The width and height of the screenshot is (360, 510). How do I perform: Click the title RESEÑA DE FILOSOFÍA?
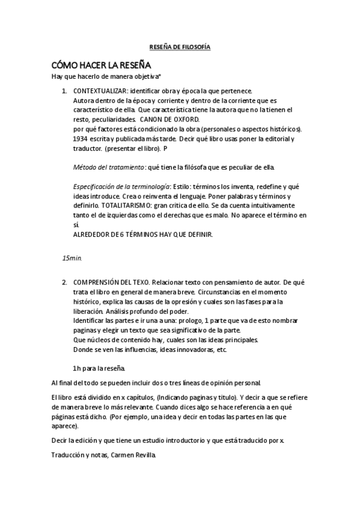click(x=180, y=47)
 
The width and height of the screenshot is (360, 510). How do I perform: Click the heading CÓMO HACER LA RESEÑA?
click(x=100, y=64)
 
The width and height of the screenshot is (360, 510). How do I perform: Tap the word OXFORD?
click(x=177, y=120)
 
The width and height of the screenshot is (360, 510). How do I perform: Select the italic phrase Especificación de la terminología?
click(x=121, y=186)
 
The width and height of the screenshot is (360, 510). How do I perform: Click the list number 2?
click(x=64, y=281)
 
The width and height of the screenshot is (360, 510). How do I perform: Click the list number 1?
click(x=64, y=91)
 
